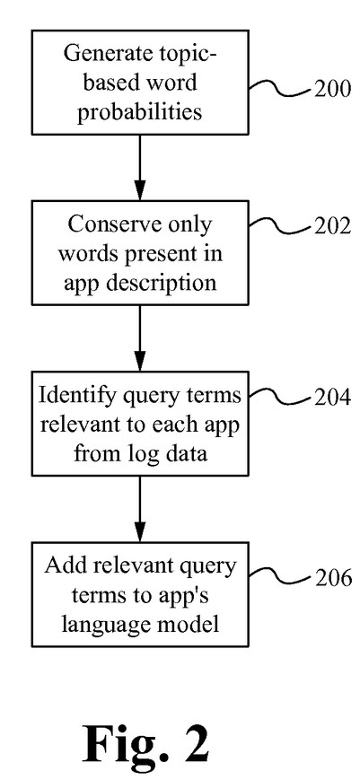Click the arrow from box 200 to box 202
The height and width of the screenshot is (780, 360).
[x=140, y=167]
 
